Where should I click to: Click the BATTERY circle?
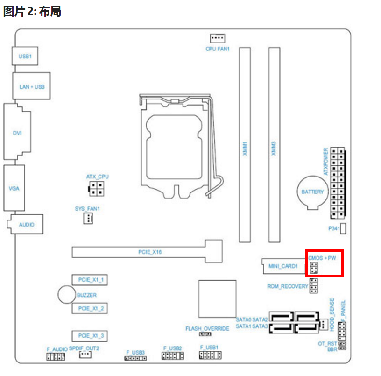click(x=312, y=192)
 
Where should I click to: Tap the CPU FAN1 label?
click(x=218, y=49)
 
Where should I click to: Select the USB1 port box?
click(x=25, y=56)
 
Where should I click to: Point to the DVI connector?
click(x=17, y=133)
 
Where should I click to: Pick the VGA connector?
click(x=14, y=188)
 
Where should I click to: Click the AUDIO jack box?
click(x=27, y=225)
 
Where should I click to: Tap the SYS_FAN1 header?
click(x=88, y=218)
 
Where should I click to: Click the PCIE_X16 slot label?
click(x=150, y=252)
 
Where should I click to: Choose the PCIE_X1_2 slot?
click(x=91, y=308)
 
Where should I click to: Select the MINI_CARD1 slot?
click(x=283, y=266)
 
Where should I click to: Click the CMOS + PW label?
click(x=322, y=257)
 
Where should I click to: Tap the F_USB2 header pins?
click(x=172, y=356)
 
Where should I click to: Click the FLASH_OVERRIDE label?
click(x=207, y=328)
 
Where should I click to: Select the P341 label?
click(x=333, y=229)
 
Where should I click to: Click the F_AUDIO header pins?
click(x=56, y=357)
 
